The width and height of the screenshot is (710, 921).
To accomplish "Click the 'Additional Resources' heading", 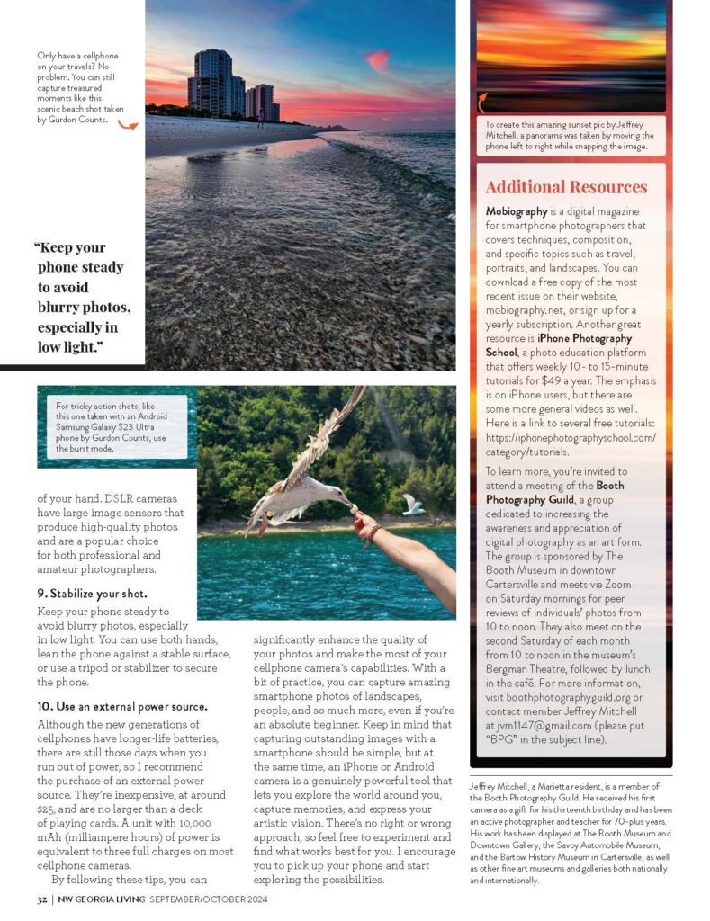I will pos(566,187).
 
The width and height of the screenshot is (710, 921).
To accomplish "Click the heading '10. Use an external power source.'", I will pos(121,706).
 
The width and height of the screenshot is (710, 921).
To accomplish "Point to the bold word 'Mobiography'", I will pos(517,210).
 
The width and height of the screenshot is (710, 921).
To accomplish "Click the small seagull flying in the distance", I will pos(413,505).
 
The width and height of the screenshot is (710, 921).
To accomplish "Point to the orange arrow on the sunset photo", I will pos(483,100).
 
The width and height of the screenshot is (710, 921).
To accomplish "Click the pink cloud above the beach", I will pos(379,60).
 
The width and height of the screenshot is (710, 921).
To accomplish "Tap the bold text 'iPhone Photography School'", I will pos(558,345).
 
